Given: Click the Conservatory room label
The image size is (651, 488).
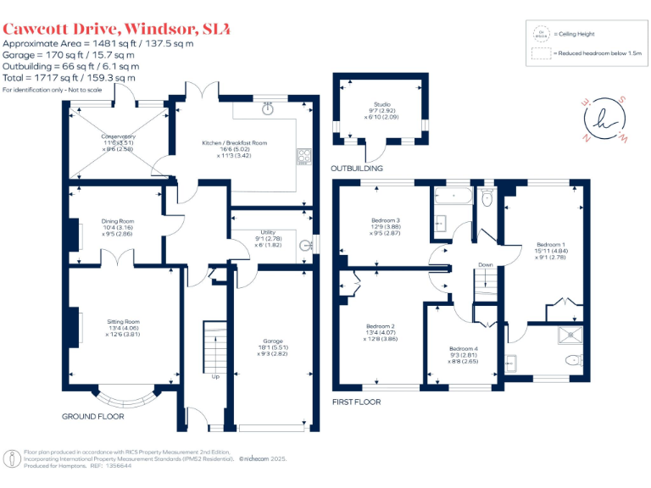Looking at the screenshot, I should point(119,136).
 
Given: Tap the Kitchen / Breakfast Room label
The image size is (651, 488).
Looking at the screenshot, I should point(234,143).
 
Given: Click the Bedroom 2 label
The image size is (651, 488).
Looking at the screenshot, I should point(381,326).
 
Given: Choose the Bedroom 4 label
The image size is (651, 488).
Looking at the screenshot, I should point(463,349).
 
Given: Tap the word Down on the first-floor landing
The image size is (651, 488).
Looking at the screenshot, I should point(485,265).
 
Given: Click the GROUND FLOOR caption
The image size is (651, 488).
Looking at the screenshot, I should point(93,417).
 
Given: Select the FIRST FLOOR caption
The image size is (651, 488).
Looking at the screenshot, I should point(357,402).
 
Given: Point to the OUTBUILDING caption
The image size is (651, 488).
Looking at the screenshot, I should point(357,169).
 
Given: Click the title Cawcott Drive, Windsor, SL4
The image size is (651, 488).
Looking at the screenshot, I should point(116,29).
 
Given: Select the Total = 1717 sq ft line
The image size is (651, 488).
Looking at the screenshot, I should point(69,78).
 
